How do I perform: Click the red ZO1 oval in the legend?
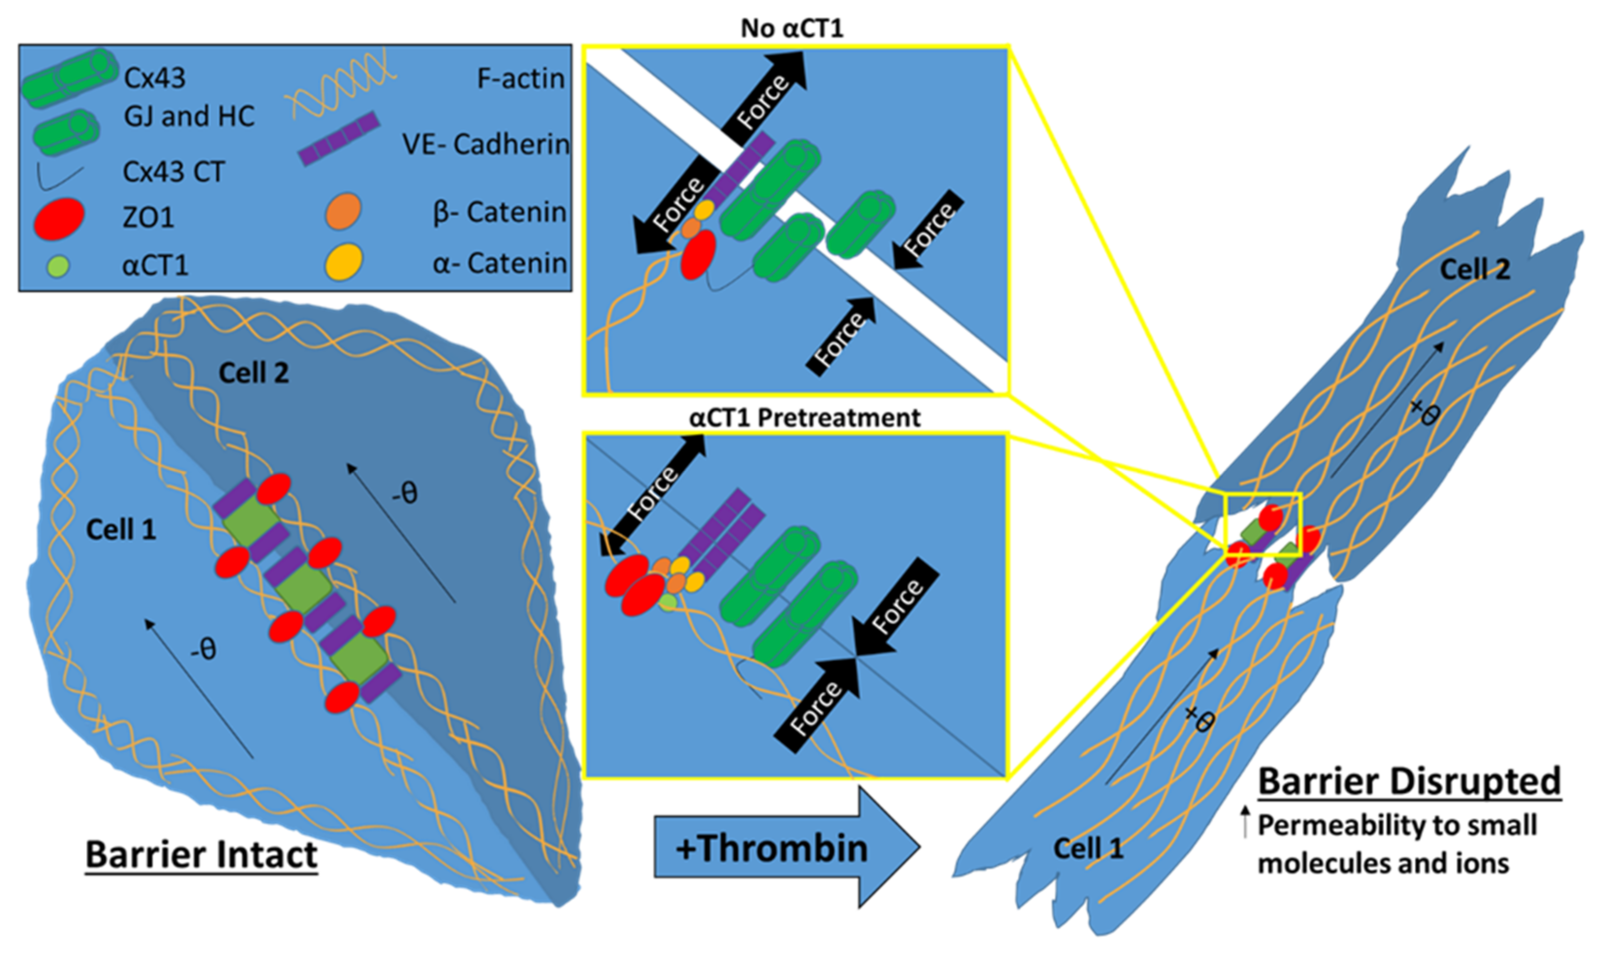[x=59, y=218]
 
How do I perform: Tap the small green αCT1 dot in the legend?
[x=59, y=265]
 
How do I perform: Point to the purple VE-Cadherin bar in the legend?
[x=338, y=138]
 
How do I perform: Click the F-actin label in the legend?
[x=520, y=79]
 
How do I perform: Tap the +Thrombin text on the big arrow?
[x=771, y=848]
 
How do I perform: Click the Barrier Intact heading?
[x=201, y=855]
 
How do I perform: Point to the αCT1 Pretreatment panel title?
[x=804, y=418]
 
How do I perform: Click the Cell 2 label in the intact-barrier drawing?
[x=253, y=373]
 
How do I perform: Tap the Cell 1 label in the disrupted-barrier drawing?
[x=1088, y=848]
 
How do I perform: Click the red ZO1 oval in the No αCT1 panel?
[x=698, y=255]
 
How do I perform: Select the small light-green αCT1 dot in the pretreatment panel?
[x=668, y=603]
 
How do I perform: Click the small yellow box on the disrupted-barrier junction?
[x=1262, y=524]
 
